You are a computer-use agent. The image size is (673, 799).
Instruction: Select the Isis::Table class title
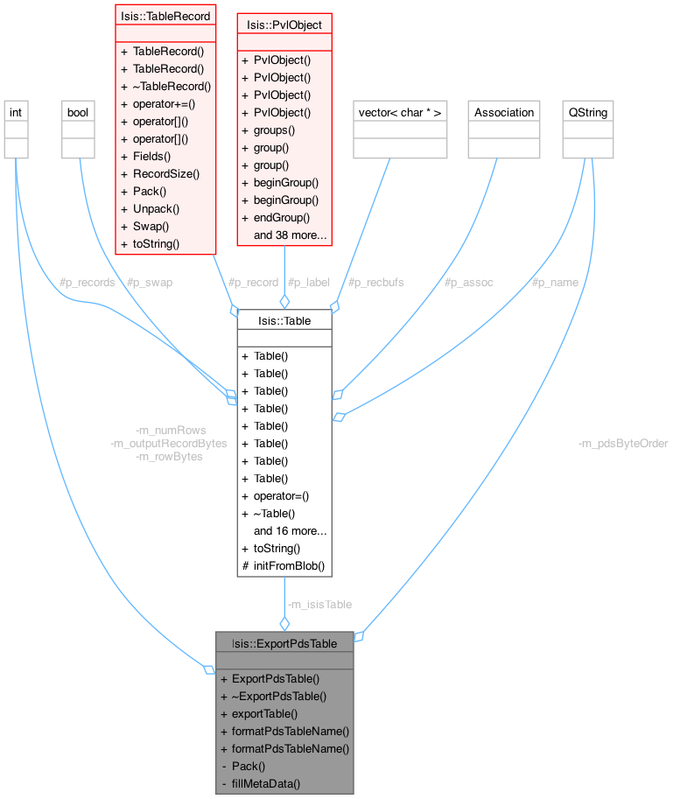[284, 320]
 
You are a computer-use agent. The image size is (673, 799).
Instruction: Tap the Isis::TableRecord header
[165, 16]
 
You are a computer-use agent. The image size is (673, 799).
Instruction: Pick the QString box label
[587, 112]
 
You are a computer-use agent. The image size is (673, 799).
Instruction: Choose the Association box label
[502, 112]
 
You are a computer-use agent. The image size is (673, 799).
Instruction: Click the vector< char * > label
[400, 112]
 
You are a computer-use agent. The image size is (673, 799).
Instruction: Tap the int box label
[16, 112]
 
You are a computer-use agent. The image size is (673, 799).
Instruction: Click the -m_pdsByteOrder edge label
[623, 444]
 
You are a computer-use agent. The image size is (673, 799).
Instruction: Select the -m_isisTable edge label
[319, 604]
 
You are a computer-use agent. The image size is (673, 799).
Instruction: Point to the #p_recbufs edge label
[375, 283]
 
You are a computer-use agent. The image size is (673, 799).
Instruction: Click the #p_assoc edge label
[469, 283]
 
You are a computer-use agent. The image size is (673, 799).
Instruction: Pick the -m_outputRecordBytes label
[169, 444]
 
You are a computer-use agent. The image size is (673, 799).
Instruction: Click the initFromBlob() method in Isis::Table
[289, 565]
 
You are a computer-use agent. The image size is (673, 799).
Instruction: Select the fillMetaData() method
[266, 783]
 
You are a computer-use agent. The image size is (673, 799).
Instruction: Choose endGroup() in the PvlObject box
[282, 217]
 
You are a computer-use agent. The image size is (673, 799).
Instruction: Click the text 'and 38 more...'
[291, 235]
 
